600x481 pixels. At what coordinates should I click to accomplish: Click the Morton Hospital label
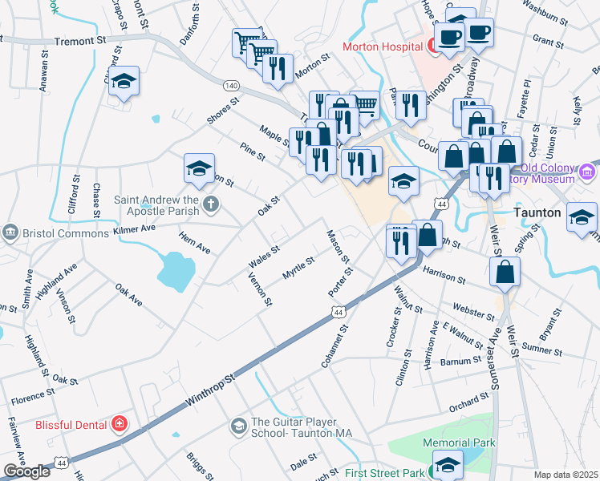coord(383,46)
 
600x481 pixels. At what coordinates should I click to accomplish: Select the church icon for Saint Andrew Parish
coord(211,204)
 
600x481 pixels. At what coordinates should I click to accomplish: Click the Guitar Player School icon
coord(239,426)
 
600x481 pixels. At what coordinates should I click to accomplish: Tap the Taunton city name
coord(537,213)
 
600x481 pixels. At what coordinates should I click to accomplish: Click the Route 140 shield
coord(231,85)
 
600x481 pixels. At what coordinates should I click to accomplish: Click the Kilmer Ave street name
coord(135,229)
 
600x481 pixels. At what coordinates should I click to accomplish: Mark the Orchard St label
coord(468,402)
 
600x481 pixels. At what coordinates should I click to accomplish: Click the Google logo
coord(26,471)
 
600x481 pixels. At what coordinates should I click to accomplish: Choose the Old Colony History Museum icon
coord(588,171)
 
